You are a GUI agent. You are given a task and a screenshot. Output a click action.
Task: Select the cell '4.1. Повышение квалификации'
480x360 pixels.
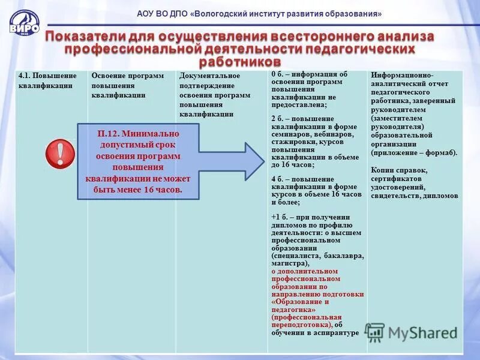tap(47, 80)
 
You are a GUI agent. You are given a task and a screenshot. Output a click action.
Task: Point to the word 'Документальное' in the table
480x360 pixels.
tap(209, 76)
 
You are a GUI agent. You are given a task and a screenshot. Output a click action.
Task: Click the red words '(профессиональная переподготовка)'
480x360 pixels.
tap(307, 320)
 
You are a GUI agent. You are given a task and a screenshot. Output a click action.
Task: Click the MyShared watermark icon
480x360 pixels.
tap(376, 332)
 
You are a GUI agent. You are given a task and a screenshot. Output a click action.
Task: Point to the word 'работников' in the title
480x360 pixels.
tap(239, 62)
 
